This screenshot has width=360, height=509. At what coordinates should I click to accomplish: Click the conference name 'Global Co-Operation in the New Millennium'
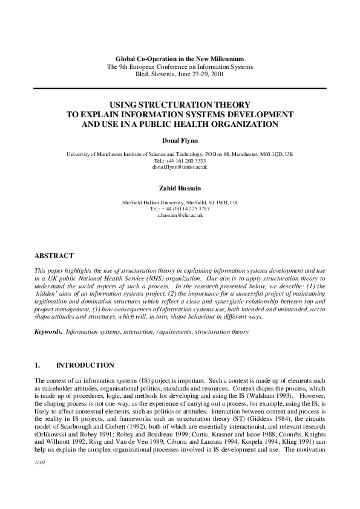pyautogui.click(x=180, y=59)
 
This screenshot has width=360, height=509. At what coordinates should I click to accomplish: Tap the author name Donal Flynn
pyautogui.click(x=180, y=141)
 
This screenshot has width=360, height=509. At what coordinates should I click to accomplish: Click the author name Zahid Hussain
pyautogui.click(x=180, y=189)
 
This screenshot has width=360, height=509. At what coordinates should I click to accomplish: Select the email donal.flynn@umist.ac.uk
pyautogui.click(x=180, y=167)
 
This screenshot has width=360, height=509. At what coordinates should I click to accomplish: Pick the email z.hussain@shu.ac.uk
pyautogui.click(x=180, y=215)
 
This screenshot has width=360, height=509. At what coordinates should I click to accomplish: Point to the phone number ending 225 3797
pyautogui.click(x=193, y=209)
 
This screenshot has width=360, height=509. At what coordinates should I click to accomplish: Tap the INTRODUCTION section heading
pyautogui.click(x=85, y=365)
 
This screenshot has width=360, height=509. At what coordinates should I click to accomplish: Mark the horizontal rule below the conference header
pyautogui.click(x=180, y=88)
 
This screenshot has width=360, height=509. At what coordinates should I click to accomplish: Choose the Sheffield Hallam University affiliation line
pyautogui.click(x=180, y=202)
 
